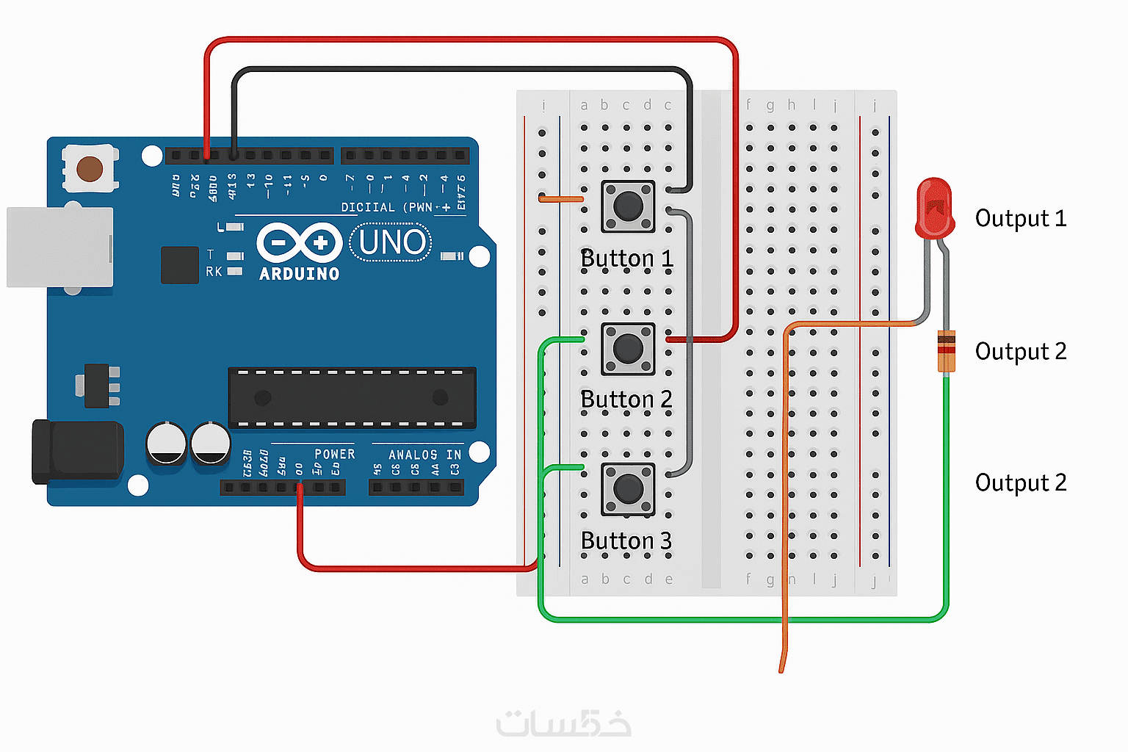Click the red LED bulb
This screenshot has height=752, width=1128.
[934, 207]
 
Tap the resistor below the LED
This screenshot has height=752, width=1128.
[946, 352]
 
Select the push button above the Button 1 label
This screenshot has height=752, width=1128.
[628, 206]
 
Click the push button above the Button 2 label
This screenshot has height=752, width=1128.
[628, 348]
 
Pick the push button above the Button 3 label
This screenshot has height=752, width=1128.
[628, 488]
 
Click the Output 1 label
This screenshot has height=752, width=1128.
[1020, 218]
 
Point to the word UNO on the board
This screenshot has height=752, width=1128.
[391, 242]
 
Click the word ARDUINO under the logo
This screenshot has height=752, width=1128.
[300, 274]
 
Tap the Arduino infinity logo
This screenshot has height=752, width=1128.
[299, 242]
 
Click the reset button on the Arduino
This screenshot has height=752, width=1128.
[90, 169]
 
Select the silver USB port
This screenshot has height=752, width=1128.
[59, 247]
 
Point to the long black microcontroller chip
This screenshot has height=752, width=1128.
[352, 397]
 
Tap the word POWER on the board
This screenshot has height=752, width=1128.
[334, 454]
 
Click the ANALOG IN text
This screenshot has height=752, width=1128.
[424, 455]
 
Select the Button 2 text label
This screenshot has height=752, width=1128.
[626, 399]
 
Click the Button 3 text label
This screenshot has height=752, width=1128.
[626, 540]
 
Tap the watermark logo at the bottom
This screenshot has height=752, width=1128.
[564, 723]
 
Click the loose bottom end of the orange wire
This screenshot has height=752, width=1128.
[781, 668]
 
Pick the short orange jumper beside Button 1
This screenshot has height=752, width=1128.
[561, 199]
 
